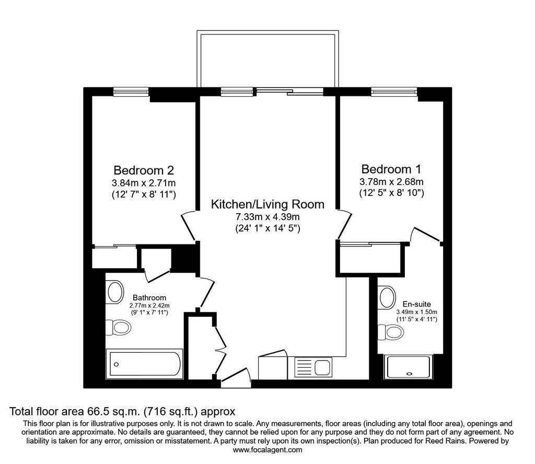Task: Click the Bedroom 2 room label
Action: (x=144, y=170)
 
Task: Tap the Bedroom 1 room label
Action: (x=391, y=169)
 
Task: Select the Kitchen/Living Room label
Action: (x=267, y=204)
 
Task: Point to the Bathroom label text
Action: (x=149, y=297)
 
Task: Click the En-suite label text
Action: (x=416, y=304)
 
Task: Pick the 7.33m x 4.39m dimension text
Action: (x=267, y=217)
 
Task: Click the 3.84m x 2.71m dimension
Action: (x=144, y=183)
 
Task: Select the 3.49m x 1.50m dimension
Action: (x=416, y=312)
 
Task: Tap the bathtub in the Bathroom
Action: (x=145, y=364)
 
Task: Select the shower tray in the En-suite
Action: (x=409, y=367)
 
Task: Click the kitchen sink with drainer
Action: (x=313, y=368)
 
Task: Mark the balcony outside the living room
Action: (x=268, y=59)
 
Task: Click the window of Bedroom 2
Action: (x=131, y=91)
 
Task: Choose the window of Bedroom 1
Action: (x=394, y=91)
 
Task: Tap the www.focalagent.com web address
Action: (x=267, y=450)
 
